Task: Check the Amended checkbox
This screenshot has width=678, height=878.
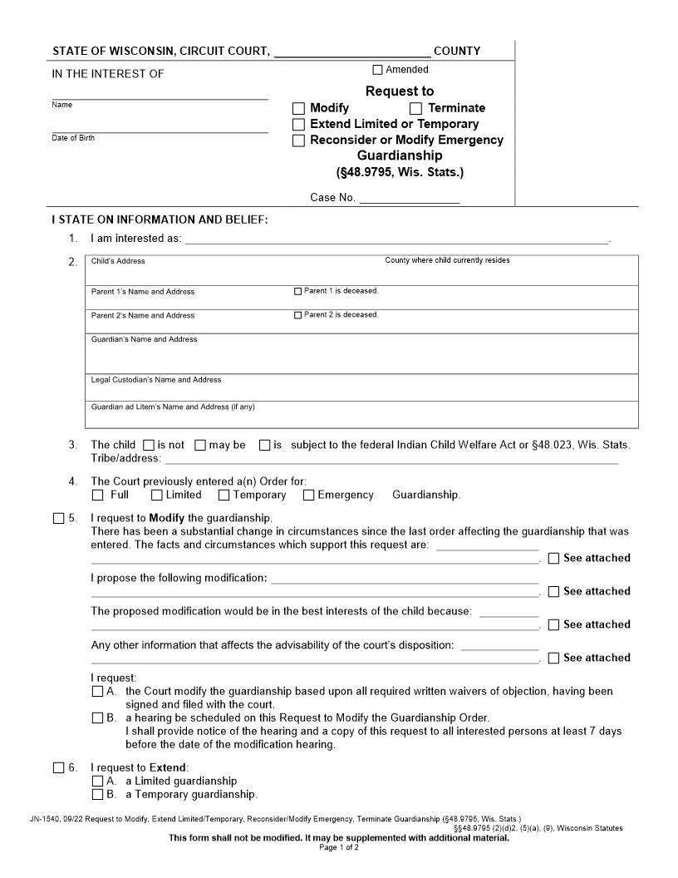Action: (x=378, y=70)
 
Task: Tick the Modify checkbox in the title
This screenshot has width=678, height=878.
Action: (x=299, y=108)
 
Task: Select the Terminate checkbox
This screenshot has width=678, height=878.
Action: (x=416, y=108)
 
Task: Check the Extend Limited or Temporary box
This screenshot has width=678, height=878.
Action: (x=299, y=125)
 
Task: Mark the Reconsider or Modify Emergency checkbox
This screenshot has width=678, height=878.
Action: (x=299, y=141)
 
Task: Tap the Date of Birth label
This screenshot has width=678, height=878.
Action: (x=73, y=138)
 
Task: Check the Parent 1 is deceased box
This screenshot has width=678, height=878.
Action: (x=298, y=292)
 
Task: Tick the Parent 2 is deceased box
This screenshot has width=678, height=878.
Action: (x=298, y=315)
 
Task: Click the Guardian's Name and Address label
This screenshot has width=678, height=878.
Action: (x=144, y=339)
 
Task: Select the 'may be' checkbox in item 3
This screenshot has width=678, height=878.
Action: (x=200, y=445)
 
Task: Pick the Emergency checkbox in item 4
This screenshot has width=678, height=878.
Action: (x=308, y=496)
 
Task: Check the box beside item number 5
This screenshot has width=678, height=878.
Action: (x=58, y=519)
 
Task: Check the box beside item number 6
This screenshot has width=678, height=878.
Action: (x=58, y=767)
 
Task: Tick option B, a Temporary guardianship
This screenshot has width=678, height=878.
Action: (x=97, y=794)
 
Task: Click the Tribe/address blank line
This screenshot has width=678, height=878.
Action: (x=391, y=459)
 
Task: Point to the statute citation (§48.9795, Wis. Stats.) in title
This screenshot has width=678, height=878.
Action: (x=400, y=172)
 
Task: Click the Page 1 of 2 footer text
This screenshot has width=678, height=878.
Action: (x=339, y=847)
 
